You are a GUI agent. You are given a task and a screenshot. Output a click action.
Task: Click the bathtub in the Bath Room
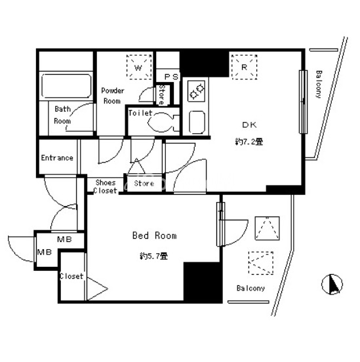(66, 86)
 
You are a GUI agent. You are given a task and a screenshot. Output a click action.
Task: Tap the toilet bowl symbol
(163, 123)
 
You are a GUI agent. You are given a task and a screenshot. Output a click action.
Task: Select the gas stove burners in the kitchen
(196, 91)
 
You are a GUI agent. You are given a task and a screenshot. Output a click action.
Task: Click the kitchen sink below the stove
(197, 122)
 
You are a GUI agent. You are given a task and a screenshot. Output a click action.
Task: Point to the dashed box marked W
(139, 67)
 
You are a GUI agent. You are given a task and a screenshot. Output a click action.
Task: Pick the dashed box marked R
(245, 67)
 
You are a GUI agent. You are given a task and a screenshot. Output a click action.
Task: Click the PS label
(171, 77)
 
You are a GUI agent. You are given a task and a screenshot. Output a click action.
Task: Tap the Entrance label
(57, 158)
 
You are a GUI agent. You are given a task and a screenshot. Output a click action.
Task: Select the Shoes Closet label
(106, 186)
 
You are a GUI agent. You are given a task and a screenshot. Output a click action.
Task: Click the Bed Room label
(155, 235)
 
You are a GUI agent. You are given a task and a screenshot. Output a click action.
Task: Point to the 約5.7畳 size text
(153, 256)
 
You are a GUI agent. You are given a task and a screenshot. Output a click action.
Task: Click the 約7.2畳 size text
(249, 141)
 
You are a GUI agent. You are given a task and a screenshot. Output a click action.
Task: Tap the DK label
(249, 125)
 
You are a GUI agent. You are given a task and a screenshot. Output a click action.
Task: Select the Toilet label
(140, 113)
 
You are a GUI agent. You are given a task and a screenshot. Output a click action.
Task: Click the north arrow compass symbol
(332, 284)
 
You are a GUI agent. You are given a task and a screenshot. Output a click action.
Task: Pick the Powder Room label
(112, 96)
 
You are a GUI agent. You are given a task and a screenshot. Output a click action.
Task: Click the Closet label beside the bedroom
(71, 276)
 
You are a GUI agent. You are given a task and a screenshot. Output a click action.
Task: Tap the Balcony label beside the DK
(319, 85)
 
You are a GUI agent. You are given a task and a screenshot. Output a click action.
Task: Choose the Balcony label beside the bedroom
(250, 288)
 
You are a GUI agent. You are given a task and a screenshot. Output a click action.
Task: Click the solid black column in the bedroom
(203, 282)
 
